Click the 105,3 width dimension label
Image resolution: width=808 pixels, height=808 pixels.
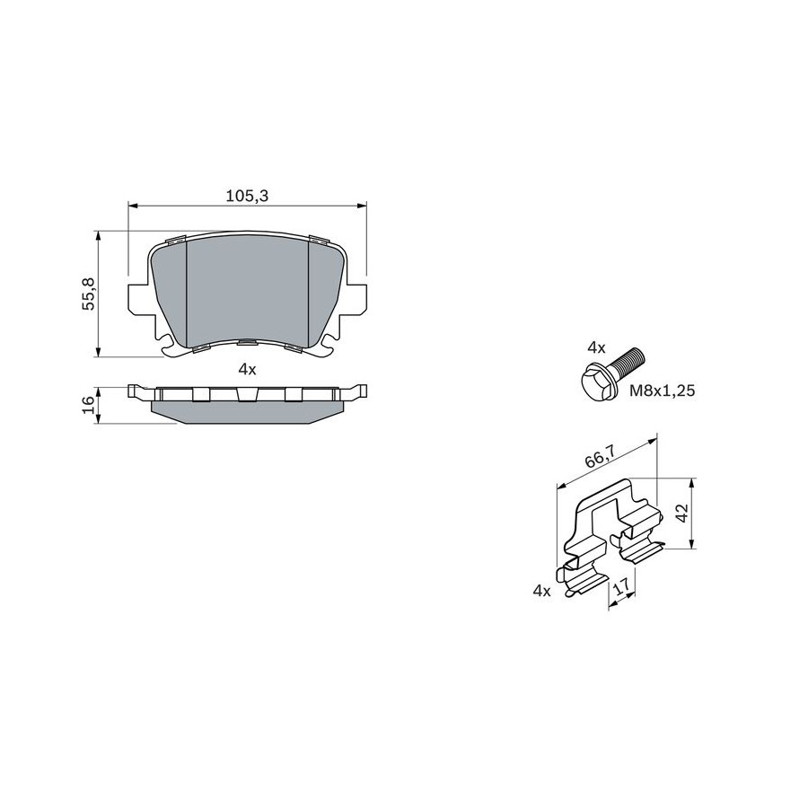[x=248, y=196]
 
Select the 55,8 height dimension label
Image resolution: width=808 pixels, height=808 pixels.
[x=90, y=294]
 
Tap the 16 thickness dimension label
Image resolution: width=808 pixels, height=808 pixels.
[x=89, y=405]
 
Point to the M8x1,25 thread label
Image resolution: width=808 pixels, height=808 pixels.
[x=663, y=391]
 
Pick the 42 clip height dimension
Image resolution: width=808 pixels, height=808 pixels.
[x=681, y=514]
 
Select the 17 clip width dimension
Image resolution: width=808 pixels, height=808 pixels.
[x=622, y=586]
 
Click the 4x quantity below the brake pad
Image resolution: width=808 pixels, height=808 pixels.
[x=248, y=369]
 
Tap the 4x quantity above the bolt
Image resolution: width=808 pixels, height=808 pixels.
[x=596, y=347]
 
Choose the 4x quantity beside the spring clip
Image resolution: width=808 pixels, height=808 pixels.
[x=541, y=591]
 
